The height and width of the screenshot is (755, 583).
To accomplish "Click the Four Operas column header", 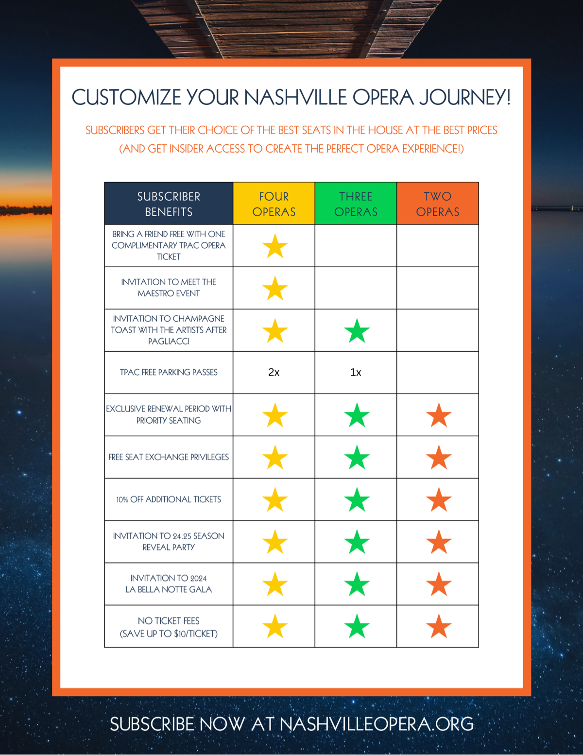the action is coord(274,203).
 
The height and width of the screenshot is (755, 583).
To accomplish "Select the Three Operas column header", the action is coord(356,203).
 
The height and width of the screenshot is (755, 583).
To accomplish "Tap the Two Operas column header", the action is coord(438,203).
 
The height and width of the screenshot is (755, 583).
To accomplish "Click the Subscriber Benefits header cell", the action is coord(169,203).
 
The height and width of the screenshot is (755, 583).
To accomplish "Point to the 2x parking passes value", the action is coord(274,373).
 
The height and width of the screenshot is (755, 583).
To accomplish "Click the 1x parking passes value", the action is coord(356,373).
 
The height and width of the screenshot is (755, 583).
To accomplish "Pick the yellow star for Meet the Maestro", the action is coord(275,289).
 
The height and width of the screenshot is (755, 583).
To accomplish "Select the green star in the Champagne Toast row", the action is coord(357,331).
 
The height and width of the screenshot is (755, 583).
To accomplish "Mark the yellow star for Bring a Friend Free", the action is coord(275,246).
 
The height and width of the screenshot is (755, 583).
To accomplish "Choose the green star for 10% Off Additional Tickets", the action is coord(357,499).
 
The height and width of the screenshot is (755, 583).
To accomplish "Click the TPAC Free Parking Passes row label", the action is coord(169,373).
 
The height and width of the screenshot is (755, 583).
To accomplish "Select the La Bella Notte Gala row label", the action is coord(169,584).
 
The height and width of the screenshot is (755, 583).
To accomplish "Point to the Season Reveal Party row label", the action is coord(169,542).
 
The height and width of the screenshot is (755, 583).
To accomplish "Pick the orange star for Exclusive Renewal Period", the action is coord(439,415).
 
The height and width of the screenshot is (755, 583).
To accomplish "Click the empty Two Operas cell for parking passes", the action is coord(438,373).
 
